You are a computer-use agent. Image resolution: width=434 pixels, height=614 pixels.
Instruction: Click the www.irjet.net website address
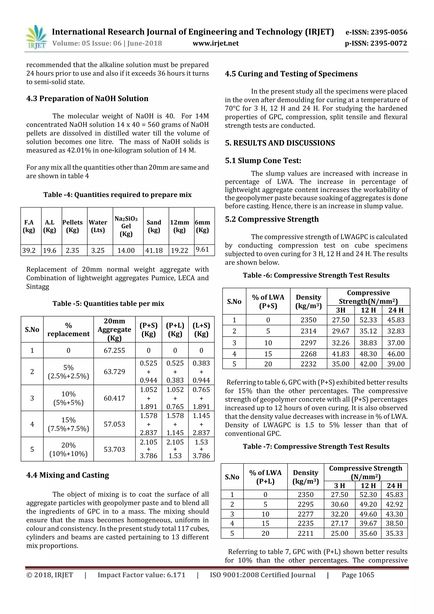click(x=216, y=43)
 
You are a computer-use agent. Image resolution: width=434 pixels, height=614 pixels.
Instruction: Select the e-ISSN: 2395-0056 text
click(x=376, y=32)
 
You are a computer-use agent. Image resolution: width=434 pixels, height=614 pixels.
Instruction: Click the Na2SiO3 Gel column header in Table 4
click(x=126, y=226)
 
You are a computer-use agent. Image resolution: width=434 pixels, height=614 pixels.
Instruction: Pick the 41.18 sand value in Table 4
click(x=154, y=250)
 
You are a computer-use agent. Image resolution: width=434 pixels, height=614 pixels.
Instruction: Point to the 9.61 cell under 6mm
click(x=202, y=249)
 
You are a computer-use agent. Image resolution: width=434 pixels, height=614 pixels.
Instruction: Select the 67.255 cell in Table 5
click(x=114, y=350)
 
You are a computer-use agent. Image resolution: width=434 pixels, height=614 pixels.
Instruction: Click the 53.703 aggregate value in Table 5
click(x=114, y=449)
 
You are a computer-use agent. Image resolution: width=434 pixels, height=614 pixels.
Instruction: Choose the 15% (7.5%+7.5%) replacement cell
click(x=68, y=424)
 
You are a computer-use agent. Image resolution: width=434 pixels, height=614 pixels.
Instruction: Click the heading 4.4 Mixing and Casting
click(x=68, y=475)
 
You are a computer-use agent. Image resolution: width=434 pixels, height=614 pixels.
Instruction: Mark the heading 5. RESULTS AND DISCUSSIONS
click(x=280, y=143)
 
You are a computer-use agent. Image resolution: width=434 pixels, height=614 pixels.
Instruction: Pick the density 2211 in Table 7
click(x=305, y=533)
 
